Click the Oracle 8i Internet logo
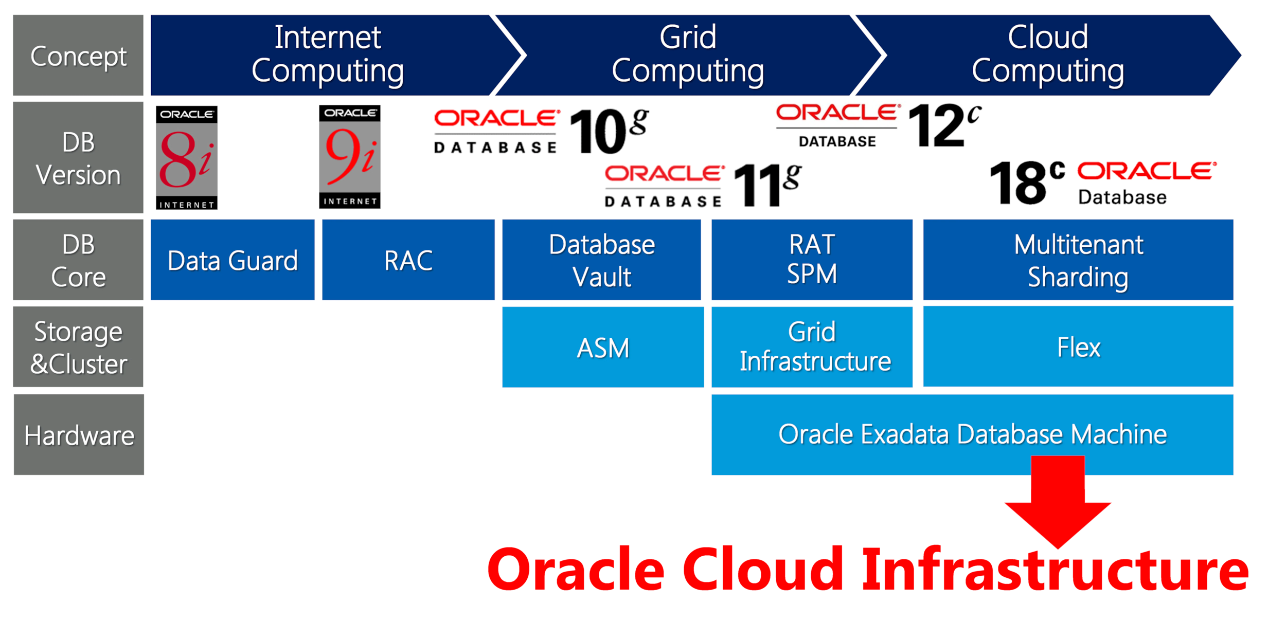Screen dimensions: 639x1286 pyautogui.click(x=187, y=158)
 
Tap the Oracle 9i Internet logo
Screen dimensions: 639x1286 pyautogui.click(x=350, y=157)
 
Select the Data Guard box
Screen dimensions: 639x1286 pyautogui.click(x=233, y=260)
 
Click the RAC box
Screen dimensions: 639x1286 pyautogui.click(x=408, y=260)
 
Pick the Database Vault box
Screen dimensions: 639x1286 pyautogui.click(x=601, y=260)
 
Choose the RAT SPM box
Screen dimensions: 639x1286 pyautogui.click(x=812, y=260)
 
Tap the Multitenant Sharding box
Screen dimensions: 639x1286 pyautogui.click(x=1078, y=260)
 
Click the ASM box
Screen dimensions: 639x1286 pyautogui.click(x=603, y=348)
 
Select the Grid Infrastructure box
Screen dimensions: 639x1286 pyautogui.click(x=812, y=347)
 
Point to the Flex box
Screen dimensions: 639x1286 pyautogui.click(x=1078, y=347)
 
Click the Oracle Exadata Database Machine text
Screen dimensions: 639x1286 pyautogui.click(x=972, y=434)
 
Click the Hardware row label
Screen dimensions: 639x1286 pyautogui.click(x=79, y=435)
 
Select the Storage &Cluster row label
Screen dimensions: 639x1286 pyautogui.click(x=78, y=347)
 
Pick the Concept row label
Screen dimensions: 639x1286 pyautogui.click(x=78, y=56)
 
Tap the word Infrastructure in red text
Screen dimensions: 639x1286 pyautogui.click(x=1055, y=570)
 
